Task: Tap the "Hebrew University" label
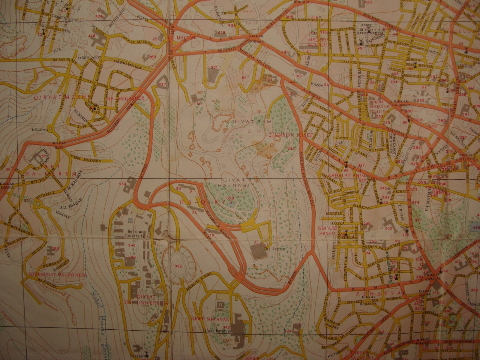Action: coord(136,234)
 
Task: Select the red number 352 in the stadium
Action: coord(178,266)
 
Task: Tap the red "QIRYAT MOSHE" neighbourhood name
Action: coord(71,97)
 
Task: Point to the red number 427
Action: coord(162,85)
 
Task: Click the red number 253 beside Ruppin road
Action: coord(122,184)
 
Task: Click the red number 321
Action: coord(214,67)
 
